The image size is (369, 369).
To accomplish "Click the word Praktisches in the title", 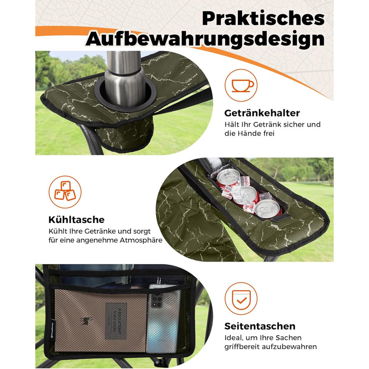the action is (264, 18).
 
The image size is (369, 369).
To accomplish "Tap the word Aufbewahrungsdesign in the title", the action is (205, 39).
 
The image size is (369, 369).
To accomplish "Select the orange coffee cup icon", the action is (241, 85).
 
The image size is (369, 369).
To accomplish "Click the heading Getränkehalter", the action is (262, 113).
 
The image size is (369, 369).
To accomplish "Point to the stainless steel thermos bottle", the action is (124, 77).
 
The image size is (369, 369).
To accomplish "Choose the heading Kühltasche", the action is (76, 220).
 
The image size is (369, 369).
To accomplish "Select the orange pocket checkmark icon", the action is (241, 299).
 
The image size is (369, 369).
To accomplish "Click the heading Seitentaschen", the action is (260, 326).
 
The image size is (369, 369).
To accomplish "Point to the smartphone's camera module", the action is (157, 300).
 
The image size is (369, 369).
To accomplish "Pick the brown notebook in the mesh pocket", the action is (101, 321).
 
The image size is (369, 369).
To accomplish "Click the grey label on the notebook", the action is (116, 321).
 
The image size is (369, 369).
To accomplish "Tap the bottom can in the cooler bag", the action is (268, 208).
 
